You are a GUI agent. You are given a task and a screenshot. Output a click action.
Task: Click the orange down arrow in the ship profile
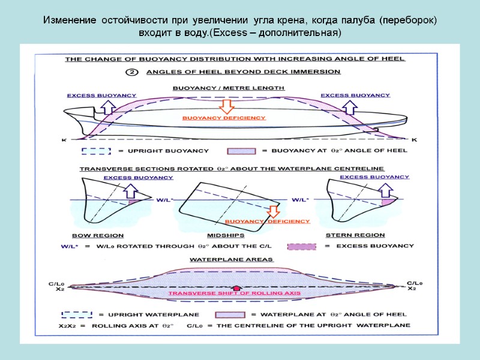coord(227,106)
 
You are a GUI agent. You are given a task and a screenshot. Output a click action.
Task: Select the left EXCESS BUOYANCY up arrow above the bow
coord(109,106)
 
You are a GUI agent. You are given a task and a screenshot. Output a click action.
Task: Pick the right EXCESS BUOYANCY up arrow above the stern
coord(349,106)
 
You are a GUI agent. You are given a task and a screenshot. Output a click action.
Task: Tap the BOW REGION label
coord(98,235)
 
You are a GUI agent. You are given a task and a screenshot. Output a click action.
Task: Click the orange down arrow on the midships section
coord(274,211)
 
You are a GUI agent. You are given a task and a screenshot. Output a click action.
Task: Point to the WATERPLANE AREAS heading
coord(231,260)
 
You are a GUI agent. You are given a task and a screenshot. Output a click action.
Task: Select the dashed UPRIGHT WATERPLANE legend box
coord(77,314)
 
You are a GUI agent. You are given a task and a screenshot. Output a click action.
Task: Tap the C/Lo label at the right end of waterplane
coord(415,283)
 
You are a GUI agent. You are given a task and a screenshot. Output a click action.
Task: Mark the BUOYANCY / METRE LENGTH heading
coord(229,88)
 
